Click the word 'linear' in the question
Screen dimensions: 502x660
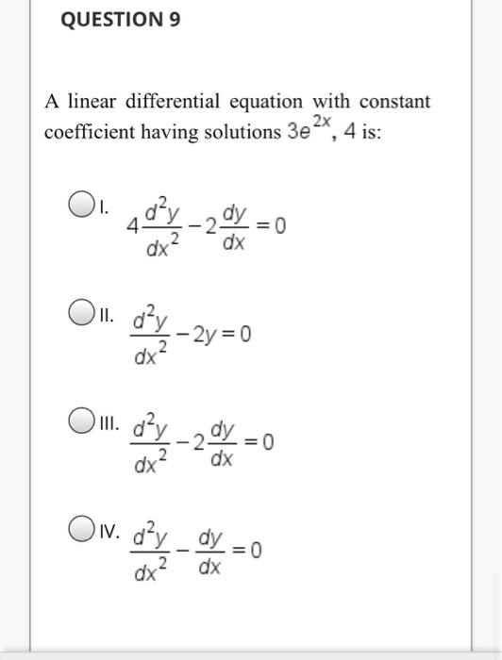pos(91,101)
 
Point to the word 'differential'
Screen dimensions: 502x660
pos(173,101)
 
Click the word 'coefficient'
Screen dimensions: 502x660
pos(87,132)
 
